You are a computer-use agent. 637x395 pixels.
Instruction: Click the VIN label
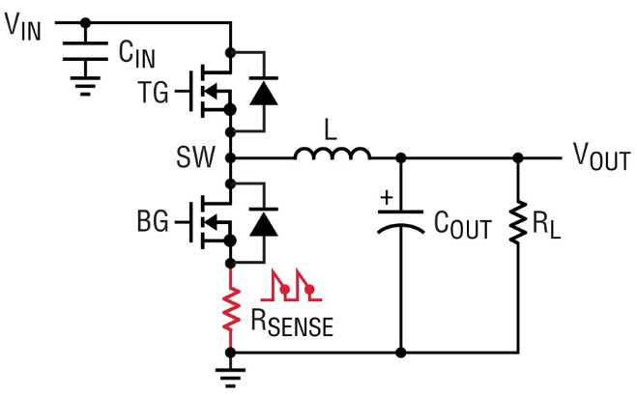coord(24,25)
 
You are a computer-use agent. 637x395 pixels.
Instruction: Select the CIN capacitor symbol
coord(85,56)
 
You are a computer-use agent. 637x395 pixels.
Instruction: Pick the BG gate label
coord(153,223)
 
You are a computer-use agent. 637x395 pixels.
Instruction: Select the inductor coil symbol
coord(332,155)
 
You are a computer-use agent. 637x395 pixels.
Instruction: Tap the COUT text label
coord(463,228)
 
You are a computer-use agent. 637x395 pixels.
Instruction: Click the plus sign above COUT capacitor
coord(388,199)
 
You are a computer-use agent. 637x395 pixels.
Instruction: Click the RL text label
coord(548,228)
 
